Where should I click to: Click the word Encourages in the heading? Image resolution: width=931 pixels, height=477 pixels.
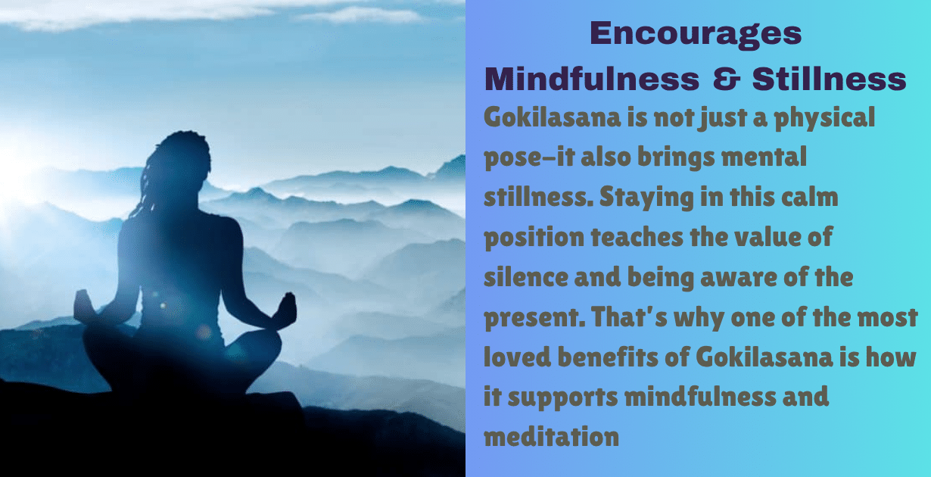pyautogui.click(x=696, y=33)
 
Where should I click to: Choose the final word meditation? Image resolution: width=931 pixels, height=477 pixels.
pyautogui.click(x=552, y=437)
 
